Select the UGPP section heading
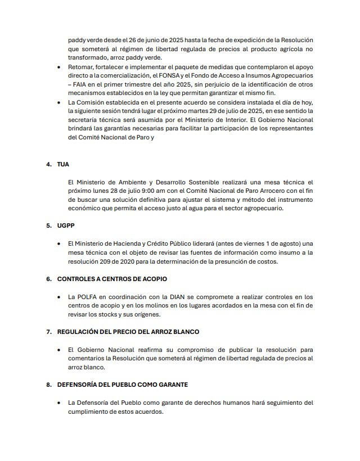point(66,225)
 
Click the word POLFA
point(89,296)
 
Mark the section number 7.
point(48,332)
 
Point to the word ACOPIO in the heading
point(152,279)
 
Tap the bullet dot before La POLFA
point(60,296)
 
